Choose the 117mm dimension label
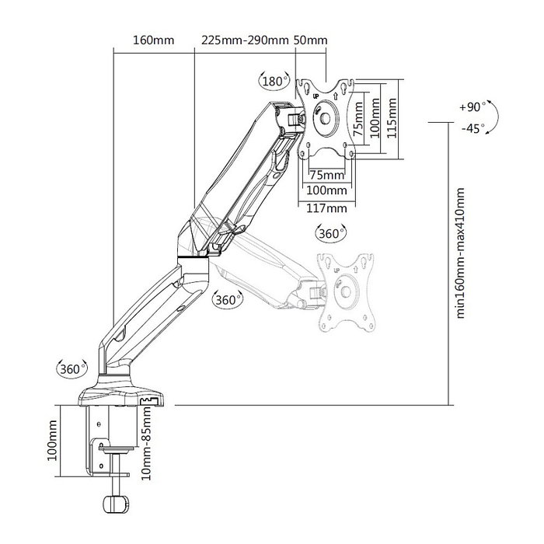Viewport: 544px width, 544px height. (326, 207)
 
